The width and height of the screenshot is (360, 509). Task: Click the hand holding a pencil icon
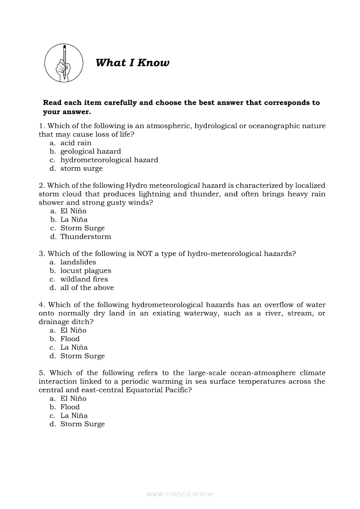point(64,63)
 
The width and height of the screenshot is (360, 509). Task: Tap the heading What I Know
point(132,63)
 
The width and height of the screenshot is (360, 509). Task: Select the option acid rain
point(76,143)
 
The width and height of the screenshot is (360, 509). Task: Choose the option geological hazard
point(91,152)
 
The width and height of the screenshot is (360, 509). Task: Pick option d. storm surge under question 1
point(81,169)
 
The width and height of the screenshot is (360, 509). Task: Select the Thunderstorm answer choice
point(86,237)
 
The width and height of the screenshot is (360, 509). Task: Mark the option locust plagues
point(86,271)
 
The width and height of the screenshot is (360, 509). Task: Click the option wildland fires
point(84,280)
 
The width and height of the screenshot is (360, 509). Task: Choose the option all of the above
point(87,288)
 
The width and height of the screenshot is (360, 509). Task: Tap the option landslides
point(78,262)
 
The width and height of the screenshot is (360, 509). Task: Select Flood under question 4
point(70,339)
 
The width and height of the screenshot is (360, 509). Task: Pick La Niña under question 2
point(74,220)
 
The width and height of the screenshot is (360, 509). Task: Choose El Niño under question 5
point(73,398)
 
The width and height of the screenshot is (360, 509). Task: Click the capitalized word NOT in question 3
point(145,254)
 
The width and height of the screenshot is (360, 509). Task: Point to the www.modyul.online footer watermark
point(180,494)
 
